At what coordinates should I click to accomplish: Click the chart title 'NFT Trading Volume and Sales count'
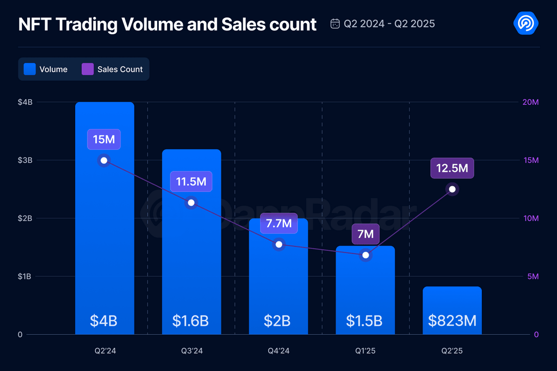click(x=167, y=25)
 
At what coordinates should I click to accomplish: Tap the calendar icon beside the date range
click(x=335, y=24)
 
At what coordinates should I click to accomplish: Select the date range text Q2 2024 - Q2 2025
click(x=389, y=24)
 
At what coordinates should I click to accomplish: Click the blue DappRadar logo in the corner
click(x=525, y=23)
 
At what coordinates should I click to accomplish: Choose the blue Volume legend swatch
click(x=30, y=69)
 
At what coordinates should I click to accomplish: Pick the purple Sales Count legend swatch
click(x=88, y=69)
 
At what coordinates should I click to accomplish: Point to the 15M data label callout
click(x=104, y=139)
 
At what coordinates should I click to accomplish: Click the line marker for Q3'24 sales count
click(x=191, y=203)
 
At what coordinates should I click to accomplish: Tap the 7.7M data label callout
click(x=278, y=223)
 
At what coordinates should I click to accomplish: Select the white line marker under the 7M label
click(x=366, y=255)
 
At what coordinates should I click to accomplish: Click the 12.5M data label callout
click(x=452, y=168)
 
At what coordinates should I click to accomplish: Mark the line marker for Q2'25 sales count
click(x=452, y=189)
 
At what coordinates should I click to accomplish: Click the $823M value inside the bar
click(x=452, y=321)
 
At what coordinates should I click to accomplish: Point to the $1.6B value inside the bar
click(x=190, y=321)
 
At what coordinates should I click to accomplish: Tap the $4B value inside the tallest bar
click(x=104, y=321)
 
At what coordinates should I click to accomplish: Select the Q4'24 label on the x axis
click(x=278, y=351)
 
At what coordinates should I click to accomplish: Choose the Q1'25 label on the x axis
click(x=365, y=351)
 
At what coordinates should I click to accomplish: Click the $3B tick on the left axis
click(x=25, y=160)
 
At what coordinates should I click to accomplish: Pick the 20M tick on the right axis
click(x=530, y=102)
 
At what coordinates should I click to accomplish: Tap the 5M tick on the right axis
click(x=532, y=277)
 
